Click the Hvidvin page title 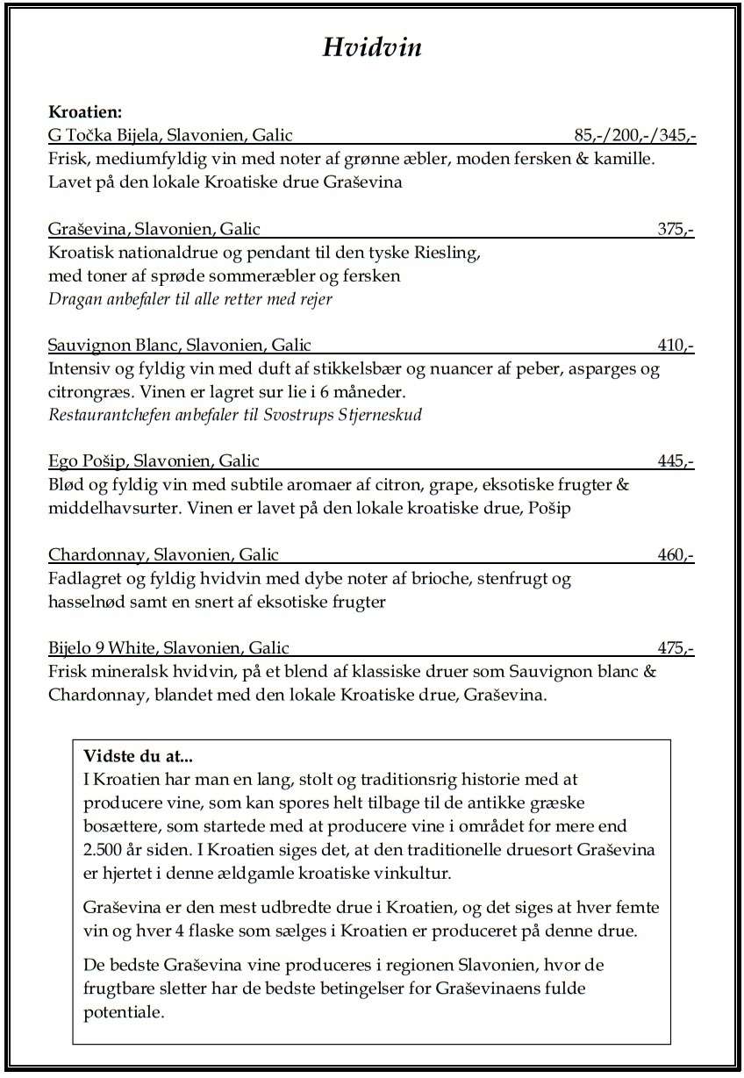coord(372,46)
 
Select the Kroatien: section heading coord(84,112)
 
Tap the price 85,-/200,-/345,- coord(634,135)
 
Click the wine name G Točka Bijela coord(103,135)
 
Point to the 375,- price coord(676,230)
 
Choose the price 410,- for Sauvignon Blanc coord(676,346)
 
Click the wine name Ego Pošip coord(87,461)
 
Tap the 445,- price coord(676,461)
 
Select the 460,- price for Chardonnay coord(676,554)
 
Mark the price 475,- coord(676,649)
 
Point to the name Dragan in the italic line coord(72,299)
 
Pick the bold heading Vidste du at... coord(137,756)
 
